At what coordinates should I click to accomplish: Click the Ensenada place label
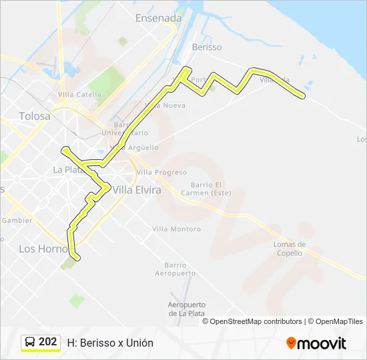pyautogui.click(x=158, y=19)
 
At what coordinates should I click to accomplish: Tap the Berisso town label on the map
pyautogui.click(x=206, y=47)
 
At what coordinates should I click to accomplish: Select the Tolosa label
pyautogui.click(x=35, y=116)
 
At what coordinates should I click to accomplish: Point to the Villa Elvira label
pyautogui.click(x=137, y=190)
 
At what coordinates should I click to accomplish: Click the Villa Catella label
pyautogui.click(x=80, y=95)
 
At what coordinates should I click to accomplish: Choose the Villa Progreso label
pyautogui.click(x=161, y=172)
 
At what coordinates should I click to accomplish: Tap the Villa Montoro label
pyautogui.click(x=176, y=229)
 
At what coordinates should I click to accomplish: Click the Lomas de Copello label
pyautogui.click(x=289, y=249)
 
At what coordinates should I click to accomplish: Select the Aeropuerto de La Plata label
pyautogui.click(x=186, y=309)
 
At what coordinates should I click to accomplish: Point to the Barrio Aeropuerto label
pyautogui.click(x=175, y=269)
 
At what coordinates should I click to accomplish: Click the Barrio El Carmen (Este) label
pyautogui.click(x=210, y=189)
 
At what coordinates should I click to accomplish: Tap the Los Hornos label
pyautogui.click(x=43, y=249)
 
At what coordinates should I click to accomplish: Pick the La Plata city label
pyautogui.click(x=67, y=170)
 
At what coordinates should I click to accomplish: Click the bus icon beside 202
pyautogui.click(x=31, y=343)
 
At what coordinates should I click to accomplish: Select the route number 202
pyautogui.click(x=47, y=342)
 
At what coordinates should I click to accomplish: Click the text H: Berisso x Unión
pyautogui.click(x=110, y=343)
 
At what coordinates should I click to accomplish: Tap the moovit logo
pyautogui.click(x=316, y=343)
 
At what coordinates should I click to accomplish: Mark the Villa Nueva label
pyautogui.click(x=165, y=106)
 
